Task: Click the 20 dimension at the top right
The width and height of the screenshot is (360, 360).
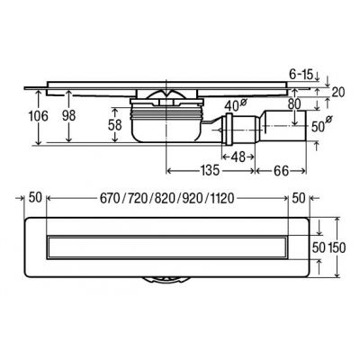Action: tap(338, 90)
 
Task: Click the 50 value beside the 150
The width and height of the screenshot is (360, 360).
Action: tap(317, 245)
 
